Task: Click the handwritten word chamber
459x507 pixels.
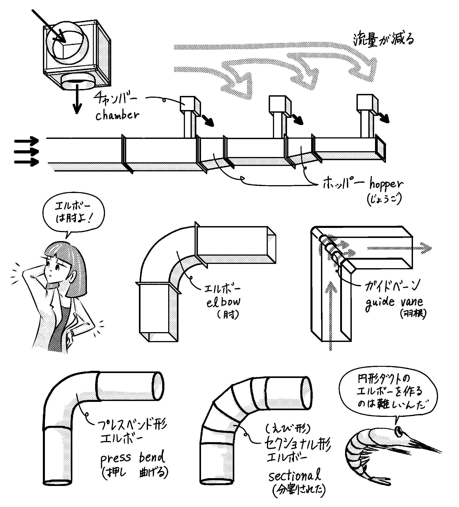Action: (117, 115)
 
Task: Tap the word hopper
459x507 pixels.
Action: (386, 184)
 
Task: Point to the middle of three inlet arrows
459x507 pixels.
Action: (26, 152)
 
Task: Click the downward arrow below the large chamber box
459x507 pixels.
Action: (77, 99)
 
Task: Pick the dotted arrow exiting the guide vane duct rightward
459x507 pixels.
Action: (399, 248)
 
